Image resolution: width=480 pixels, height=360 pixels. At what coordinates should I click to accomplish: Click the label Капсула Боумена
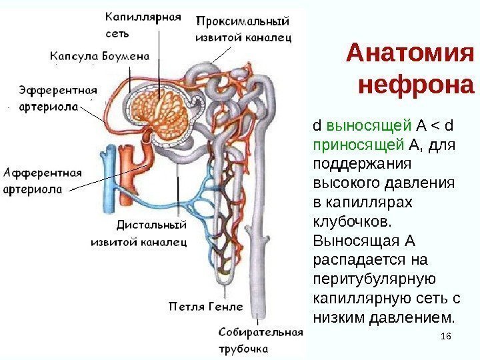99,56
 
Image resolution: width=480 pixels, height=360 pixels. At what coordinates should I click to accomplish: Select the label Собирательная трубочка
251,339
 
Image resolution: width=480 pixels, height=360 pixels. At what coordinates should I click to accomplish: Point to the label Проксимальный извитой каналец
243,29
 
